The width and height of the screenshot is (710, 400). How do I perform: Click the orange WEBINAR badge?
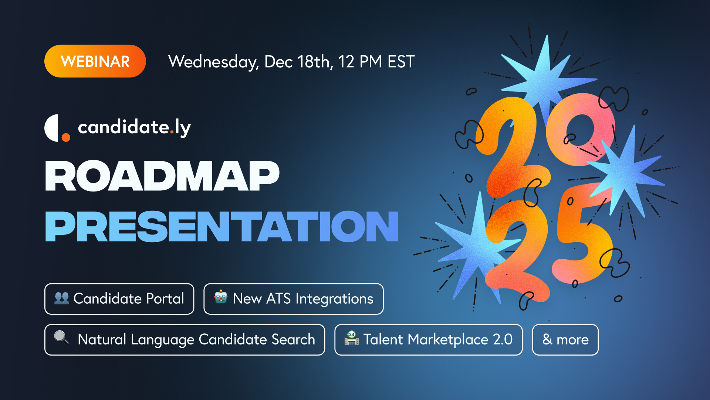point(95,61)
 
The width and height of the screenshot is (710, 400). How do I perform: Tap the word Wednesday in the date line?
point(213,62)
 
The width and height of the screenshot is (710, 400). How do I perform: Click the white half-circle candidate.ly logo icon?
point(52,128)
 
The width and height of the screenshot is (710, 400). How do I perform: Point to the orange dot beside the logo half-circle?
point(66,137)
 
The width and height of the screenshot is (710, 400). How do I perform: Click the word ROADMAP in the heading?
point(162,176)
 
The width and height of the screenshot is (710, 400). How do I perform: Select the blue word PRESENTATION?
point(222,226)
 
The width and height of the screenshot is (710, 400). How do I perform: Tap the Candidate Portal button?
point(119,299)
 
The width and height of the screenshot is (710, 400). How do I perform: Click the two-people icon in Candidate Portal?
point(62,298)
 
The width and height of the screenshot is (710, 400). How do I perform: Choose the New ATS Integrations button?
point(294,299)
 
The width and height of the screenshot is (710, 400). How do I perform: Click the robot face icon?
point(221,297)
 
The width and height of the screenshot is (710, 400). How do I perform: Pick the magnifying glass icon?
point(61,338)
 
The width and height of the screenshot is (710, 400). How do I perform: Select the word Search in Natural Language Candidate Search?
point(293,339)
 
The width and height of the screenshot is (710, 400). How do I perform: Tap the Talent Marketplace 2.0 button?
point(429,340)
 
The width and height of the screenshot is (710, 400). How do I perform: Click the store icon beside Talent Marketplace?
point(352,338)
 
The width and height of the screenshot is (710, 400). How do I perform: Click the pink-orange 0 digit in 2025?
point(580,130)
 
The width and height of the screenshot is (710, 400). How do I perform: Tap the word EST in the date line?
point(401,61)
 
